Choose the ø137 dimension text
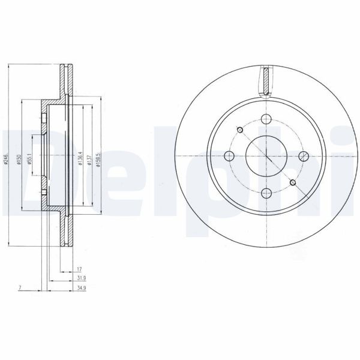pos(89,160)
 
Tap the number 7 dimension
pos(20,289)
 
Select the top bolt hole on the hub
pos(265,119)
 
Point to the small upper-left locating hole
pos(240,130)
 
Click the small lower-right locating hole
pos(293,183)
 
